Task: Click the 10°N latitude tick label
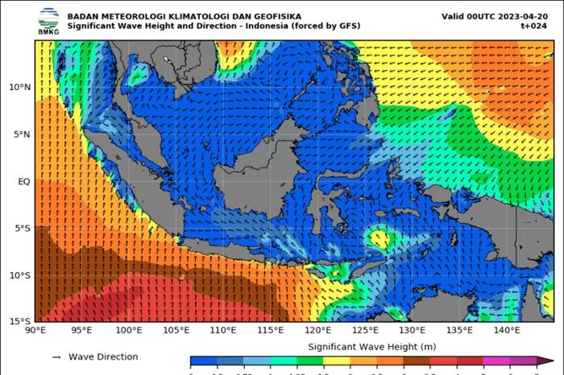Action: [19, 87]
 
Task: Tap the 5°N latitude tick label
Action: [22, 134]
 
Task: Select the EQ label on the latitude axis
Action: [23, 182]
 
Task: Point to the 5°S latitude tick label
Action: [22, 229]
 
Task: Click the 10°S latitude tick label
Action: [19, 275]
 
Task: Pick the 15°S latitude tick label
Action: [19, 321]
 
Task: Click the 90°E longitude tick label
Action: [35, 331]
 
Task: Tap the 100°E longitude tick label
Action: [129, 331]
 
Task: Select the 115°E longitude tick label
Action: [271, 331]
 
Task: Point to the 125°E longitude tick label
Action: [365, 331]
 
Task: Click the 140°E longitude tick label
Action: [507, 331]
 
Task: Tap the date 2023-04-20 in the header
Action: [529, 16]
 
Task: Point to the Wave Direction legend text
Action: [103, 356]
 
